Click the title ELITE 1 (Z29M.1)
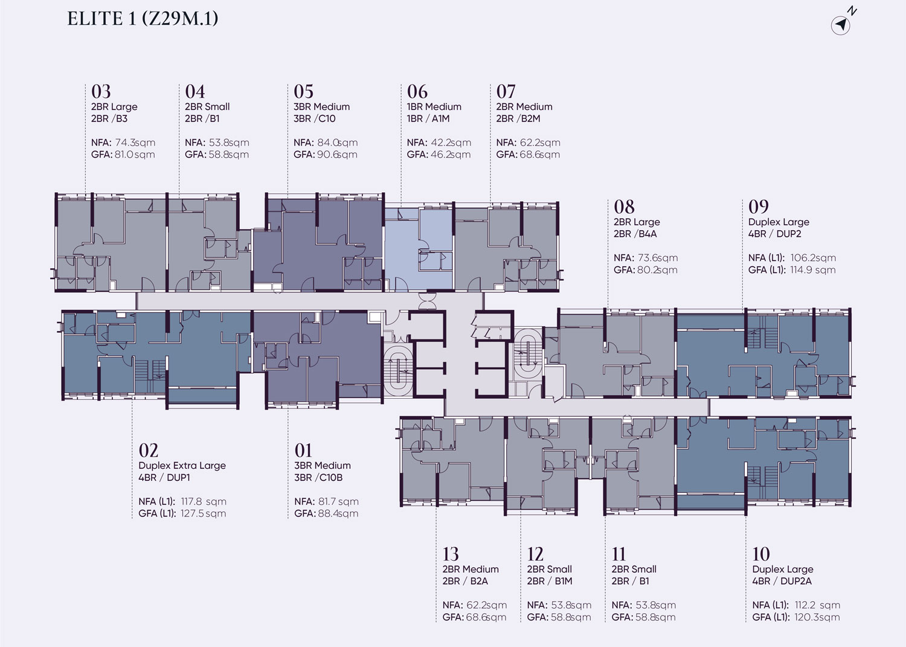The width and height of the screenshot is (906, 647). (x=143, y=19)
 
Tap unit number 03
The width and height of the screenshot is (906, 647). (x=101, y=91)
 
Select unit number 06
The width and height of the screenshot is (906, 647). (x=417, y=91)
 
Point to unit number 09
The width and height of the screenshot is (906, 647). (x=759, y=207)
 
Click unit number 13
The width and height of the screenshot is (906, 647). (x=451, y=554)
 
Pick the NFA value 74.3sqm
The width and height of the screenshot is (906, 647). (x=135, y=143)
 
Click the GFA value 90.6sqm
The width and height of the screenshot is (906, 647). (x=337, y=155)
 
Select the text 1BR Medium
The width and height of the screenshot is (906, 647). (x=434, y=107)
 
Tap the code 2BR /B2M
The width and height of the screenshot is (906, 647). (x=518, y=118)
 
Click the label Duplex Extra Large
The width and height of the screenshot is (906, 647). (x=182, y=466)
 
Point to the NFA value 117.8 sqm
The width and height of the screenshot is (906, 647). (x=204, y=502)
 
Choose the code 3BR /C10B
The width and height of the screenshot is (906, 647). (x=318, y=477)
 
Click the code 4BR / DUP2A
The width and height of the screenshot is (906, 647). (x=782, y=581)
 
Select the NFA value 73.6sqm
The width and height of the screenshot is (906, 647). (x=658, y=258)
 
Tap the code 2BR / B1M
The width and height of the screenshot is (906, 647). (x=550, y=581)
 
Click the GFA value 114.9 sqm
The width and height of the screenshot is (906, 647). (x=813, y=270)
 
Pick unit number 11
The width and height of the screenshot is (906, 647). (x=618, y=554)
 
